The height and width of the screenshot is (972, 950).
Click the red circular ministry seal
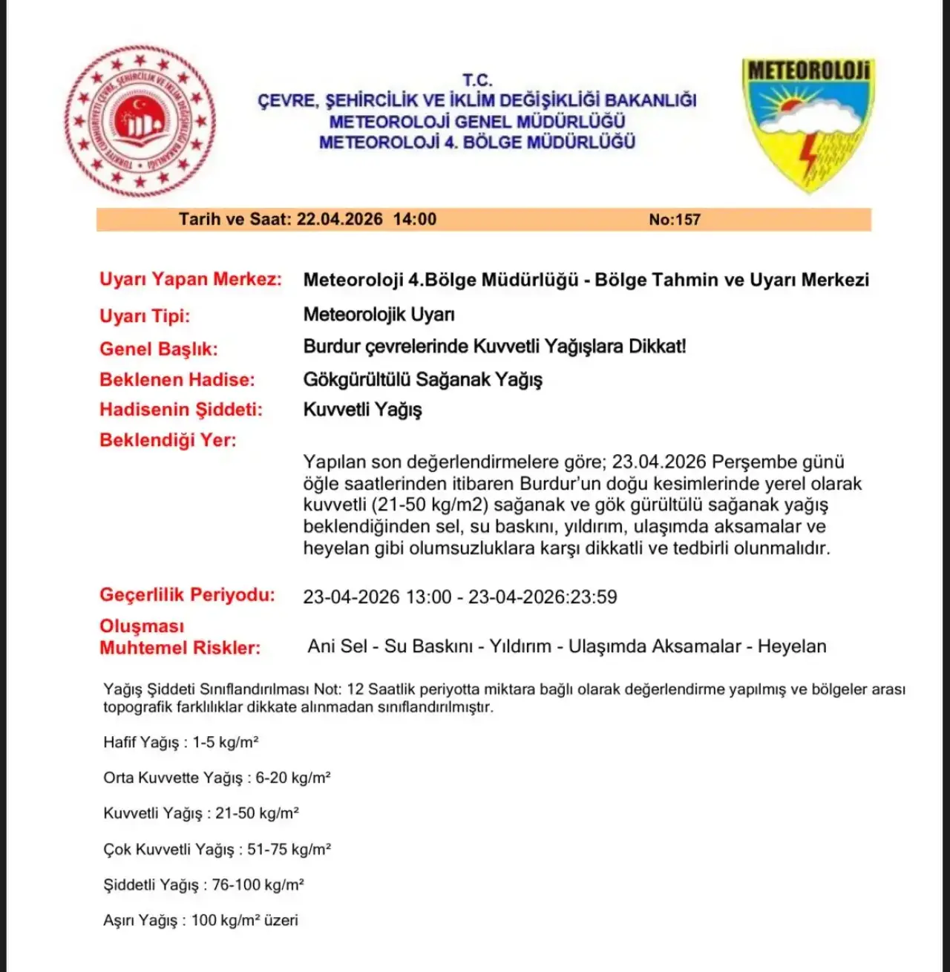(140, 122)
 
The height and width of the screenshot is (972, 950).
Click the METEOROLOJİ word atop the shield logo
(808, 71)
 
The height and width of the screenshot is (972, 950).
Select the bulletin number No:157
(674, 220)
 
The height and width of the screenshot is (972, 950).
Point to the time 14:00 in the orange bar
(414, 220)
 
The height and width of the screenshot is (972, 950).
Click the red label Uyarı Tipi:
(145, 316)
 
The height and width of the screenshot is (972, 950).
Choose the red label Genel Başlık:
(159, 349)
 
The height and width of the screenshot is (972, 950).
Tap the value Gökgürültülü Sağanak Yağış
(422, 380)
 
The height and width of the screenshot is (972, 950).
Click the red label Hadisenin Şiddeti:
(181, 410)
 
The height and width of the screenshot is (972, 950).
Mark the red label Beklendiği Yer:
(168, 440)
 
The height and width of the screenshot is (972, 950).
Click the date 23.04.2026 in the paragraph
(658, 462)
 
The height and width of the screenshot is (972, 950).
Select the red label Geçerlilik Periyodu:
(187, 595)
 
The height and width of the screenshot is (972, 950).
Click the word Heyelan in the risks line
(791, 646)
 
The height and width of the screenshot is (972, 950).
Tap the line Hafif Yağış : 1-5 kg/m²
(180, 743)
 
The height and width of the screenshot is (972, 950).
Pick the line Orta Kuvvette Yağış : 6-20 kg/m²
(217, 778)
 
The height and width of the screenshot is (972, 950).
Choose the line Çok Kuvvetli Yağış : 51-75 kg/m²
(217, 850)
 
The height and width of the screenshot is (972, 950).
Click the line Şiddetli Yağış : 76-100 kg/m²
(203, 885)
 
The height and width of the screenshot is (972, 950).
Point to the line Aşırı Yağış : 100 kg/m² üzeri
(200, 921)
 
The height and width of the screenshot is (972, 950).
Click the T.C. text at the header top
(477, 80)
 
